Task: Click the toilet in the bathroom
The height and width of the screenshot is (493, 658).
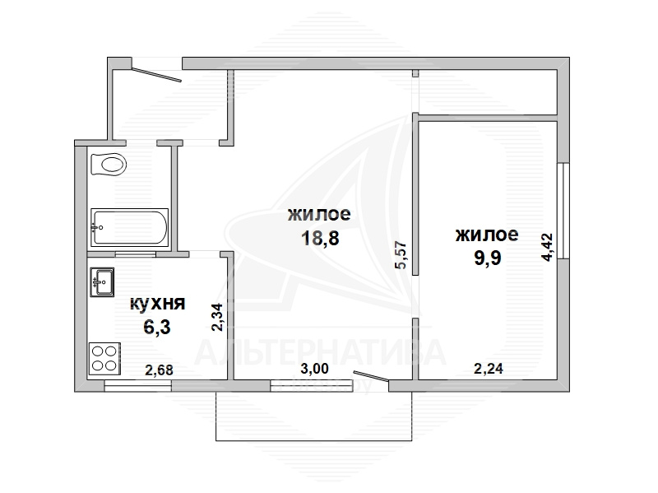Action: pos(109,164)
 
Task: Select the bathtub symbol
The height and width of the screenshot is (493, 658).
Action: pos(130,227)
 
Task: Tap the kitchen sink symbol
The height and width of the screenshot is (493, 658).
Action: pos(102,281)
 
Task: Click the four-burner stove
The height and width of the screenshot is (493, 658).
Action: pos(104,359)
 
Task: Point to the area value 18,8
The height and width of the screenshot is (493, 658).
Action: pos(320,239)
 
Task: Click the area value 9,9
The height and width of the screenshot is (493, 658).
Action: pos(488,258)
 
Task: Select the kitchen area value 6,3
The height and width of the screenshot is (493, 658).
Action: pos(157,327)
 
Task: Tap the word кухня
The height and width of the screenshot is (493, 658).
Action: pos(157,303)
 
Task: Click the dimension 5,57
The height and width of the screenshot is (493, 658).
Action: pos(401,254)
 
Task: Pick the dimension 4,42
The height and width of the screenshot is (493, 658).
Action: pos(548,248)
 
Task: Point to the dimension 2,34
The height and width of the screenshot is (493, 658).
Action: pos(218,318)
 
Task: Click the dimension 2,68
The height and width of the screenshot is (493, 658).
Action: pos(159,370)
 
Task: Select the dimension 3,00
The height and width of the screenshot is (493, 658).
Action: pos(315,369)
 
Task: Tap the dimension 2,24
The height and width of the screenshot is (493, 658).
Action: pos(489,369)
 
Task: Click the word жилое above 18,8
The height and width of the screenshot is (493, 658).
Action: pos(319,214)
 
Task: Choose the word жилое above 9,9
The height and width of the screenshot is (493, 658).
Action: pos(487,235)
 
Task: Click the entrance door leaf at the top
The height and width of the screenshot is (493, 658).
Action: pos(157,75)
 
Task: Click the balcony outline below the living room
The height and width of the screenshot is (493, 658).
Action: pos(314,440)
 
